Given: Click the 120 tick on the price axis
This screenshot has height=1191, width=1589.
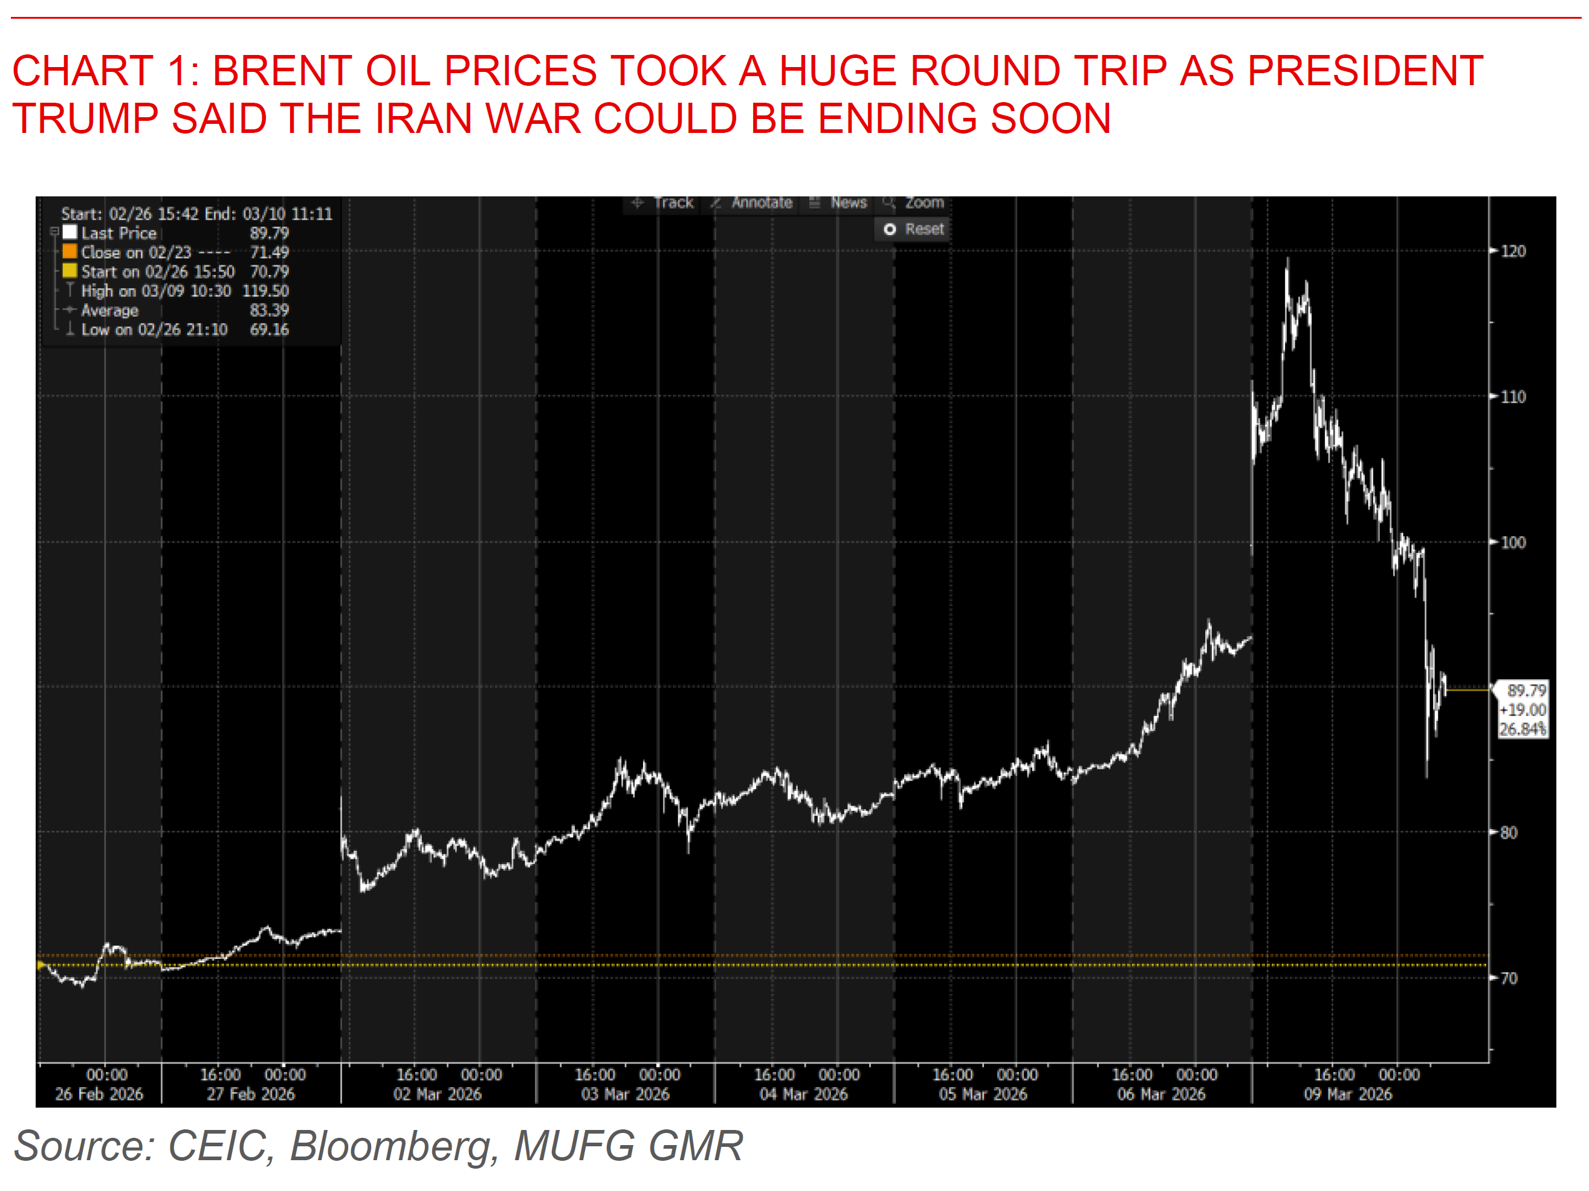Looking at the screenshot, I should pyautogui.click(x=1512, y=251).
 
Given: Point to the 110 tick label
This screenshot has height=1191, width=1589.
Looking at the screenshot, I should pyautogui.click(x=1512, y=396).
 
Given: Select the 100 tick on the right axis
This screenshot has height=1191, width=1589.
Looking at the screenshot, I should pyautogui.click(x=1512, y=543).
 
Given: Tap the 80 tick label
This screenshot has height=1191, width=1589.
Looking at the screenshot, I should pyautogui.click(x=1508, y=833).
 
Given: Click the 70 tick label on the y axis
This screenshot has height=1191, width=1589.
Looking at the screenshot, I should pyautogui.click(x=1508, y=978).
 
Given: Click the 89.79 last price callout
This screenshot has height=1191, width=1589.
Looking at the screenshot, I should pyautogui.click(x=1526, y=690).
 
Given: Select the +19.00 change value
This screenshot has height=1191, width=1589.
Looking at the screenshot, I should pyautogui.click(x=1522, y=710).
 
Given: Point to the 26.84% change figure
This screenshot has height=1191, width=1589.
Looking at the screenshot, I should pyautogui.click(x=1522, y=729).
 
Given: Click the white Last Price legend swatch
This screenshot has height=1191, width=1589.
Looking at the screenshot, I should pyautogui.click(x=70, y=232).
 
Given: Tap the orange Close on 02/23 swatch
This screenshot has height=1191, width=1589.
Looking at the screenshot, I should pyautogui.click(x=70, y=251).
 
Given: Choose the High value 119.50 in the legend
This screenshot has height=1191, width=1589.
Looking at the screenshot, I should pyautogui.click(x=265, y=291).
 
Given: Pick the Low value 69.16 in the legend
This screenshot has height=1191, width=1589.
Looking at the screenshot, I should pyautogui.click(x=269, y=330).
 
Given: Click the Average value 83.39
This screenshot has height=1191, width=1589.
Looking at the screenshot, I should pyautogui.click(x=269, y=311).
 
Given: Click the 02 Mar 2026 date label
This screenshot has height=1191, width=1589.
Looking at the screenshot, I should pyautogui.click(x=437, y=1094).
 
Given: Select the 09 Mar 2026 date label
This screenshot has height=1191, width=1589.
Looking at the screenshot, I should pyautogui.click(x=1348, y=1094).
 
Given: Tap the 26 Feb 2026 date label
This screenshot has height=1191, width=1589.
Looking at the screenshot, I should pyautogui.click(x=99, y=1094).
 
